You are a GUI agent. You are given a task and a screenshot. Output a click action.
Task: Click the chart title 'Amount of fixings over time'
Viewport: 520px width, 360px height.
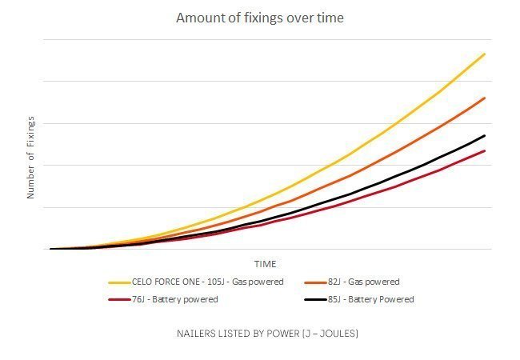coord(259,18)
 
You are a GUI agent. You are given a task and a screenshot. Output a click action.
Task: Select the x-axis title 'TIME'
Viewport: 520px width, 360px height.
coord(265,264)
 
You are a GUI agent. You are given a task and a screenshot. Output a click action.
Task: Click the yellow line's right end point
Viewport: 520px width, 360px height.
coord(485,54)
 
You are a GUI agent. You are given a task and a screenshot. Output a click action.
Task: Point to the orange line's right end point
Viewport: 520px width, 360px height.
coord(485,98)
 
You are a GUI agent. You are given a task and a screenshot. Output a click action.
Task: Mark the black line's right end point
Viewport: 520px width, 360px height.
coord(485,135)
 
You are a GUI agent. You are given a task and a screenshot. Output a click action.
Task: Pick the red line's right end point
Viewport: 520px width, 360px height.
coord(485,150)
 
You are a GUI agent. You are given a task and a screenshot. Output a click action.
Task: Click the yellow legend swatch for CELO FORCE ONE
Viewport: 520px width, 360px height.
coord(118,282)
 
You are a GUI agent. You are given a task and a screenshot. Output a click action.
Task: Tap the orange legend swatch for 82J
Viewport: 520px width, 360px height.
coord(314,282)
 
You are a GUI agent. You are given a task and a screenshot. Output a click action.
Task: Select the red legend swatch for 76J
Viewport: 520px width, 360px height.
coord(118,300)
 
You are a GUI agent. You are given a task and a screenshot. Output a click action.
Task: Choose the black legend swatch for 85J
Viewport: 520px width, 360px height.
coord(314,300)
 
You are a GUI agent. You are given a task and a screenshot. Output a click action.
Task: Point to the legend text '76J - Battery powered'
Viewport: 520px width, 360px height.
coord(174,300)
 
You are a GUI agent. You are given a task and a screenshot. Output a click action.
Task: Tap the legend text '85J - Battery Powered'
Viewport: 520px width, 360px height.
coord(371,300)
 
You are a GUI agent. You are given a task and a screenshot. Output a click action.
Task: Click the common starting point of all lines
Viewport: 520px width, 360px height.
coord(51,249)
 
